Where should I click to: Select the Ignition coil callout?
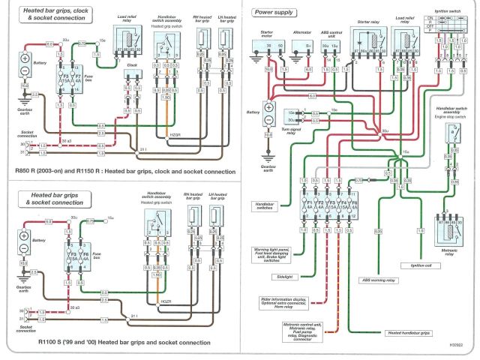(x=417, y=265)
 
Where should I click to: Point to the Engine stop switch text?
(x=450, y=116)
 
